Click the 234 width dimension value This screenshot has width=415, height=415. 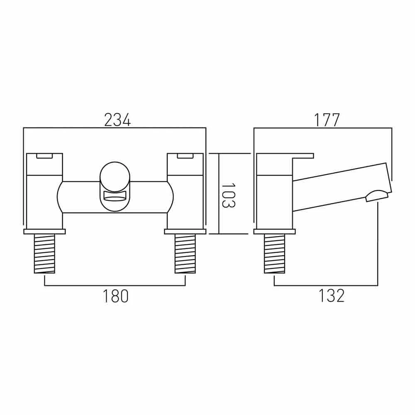[117, 120]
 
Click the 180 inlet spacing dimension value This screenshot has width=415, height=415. [117, 296]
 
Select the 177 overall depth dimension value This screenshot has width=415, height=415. [327, 120]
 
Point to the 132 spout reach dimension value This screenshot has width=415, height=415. [332, 296]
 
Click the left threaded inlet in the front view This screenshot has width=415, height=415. [44, 254]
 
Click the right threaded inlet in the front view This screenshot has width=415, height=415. [185, 254]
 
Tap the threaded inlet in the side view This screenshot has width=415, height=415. [274, 254]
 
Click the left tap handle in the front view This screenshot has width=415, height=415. [44, 170]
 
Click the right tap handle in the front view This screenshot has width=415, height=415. [185, 170]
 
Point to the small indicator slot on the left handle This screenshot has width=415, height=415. [44, 156]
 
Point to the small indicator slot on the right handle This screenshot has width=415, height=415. [185, 156]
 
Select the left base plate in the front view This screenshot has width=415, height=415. [44, 231]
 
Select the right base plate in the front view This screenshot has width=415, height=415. [185, 231]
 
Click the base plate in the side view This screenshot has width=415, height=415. [274, 231]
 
